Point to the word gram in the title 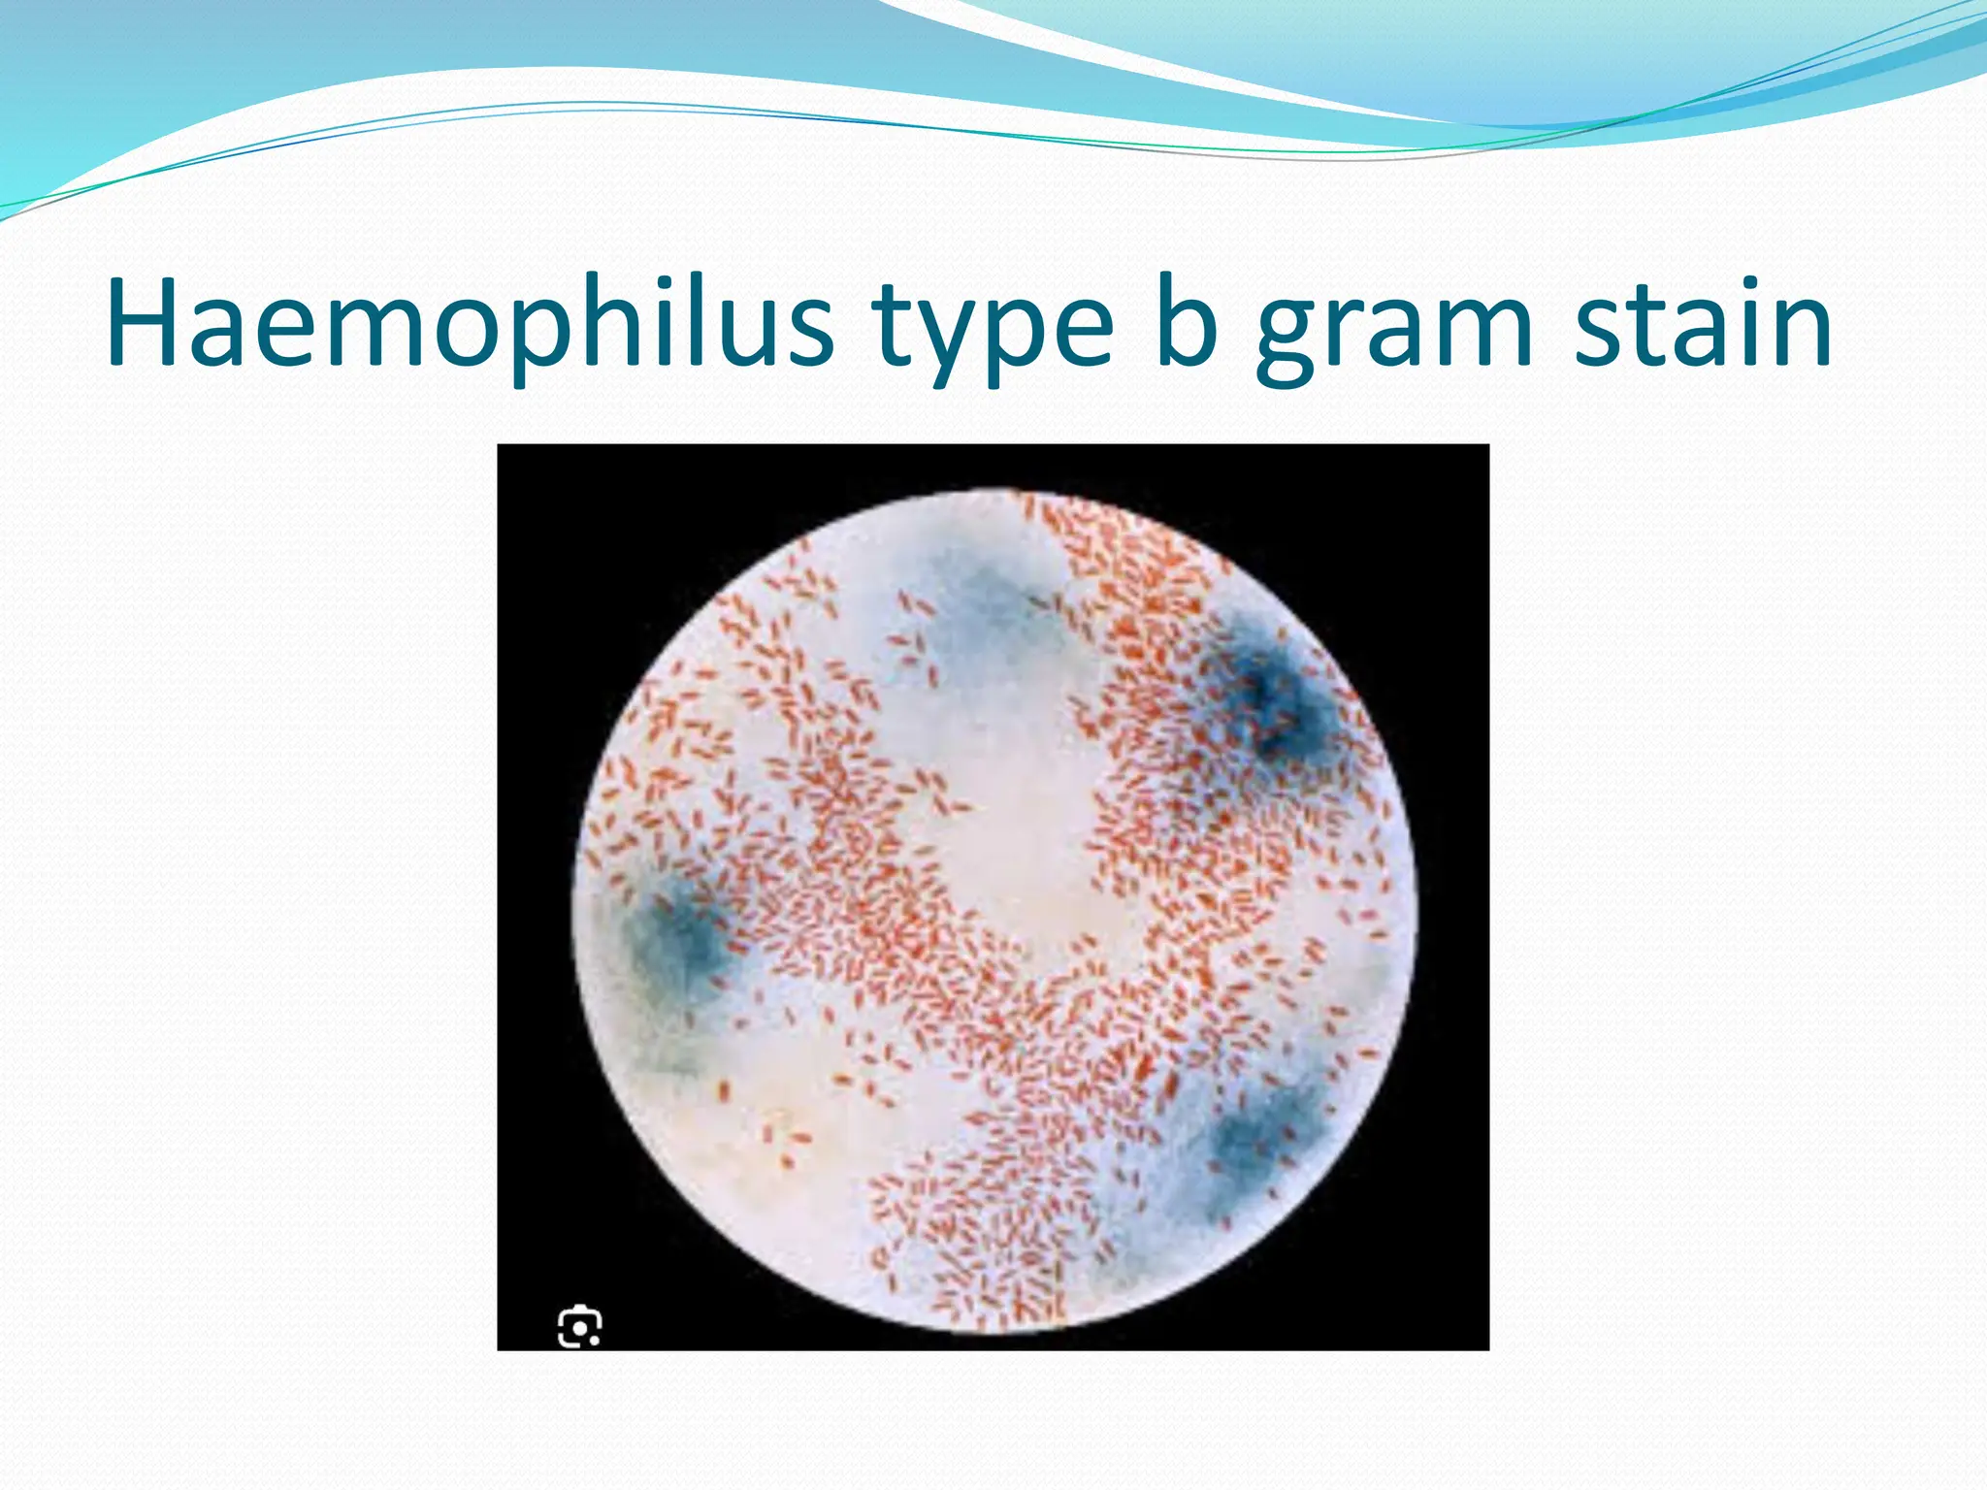point(1393,330)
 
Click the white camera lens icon point(579,1326)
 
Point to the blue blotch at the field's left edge point(679,936)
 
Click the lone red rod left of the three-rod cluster point(723,1091)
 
